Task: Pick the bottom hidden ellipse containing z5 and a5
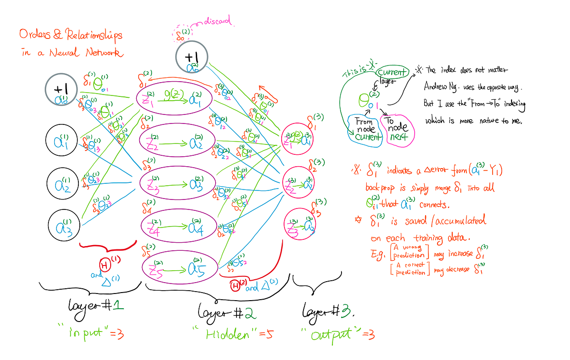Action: [180, 267]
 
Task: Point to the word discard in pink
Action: [218, 20]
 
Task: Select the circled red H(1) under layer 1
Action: [104, 264]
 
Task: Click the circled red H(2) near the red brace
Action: [235, 286]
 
